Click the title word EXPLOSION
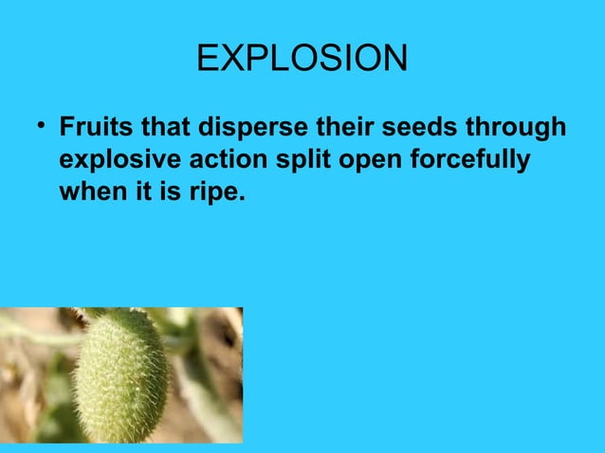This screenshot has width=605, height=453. point(302,60)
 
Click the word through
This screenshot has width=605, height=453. point(515,129)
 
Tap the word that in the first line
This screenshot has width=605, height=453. point(158,127)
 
